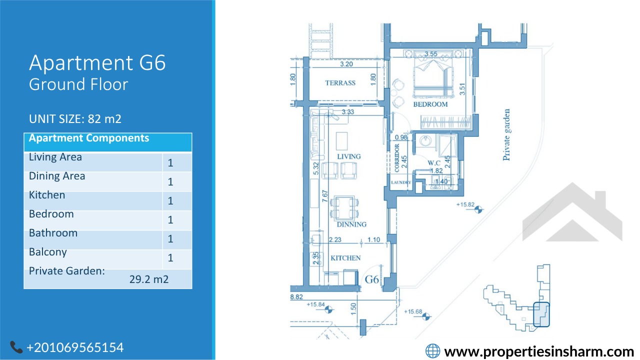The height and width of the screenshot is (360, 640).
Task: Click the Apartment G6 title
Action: (97, 63)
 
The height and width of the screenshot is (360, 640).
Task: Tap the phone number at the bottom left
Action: (75, 347)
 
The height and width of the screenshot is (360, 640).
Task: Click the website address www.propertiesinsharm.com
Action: (539, 351)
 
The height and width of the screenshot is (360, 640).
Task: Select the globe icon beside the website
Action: (433, 351)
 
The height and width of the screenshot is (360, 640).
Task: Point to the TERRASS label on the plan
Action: (340, 83)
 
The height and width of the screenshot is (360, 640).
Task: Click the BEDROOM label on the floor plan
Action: (430, 104)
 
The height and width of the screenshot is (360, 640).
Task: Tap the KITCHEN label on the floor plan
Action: (345, 258)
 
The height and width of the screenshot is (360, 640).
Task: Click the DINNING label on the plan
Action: (351, 224)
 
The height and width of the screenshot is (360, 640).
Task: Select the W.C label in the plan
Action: (434, 163)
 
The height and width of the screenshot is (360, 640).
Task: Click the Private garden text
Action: (506, 134)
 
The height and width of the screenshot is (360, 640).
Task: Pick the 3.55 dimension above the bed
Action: (431, 53)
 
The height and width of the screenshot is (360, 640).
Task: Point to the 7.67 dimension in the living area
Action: (325, 196)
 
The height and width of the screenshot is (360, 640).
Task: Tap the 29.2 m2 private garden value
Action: (149, 279)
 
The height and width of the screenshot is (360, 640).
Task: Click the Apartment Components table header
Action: (89, 138)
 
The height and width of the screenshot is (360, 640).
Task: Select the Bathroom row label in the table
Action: (53, 233)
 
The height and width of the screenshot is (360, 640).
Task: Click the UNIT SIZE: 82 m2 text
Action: (75, 119)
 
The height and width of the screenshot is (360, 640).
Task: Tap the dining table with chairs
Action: (344, 207)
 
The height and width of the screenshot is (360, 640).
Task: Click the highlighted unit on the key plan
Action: (541, 314)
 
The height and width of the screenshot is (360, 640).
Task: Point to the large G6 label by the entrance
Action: (371, 279)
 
